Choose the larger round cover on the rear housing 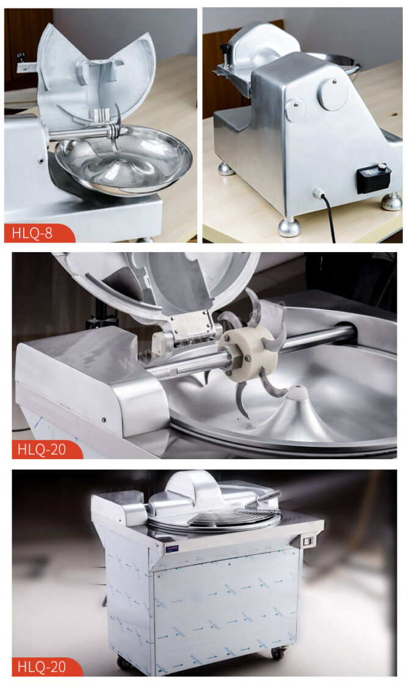pyautogui.click(x=333, y=93)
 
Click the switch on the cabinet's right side pyautogui.click(x=308, y=541)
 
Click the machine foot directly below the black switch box pyautogui.click(x=391, y=201)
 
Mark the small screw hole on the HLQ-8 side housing pyautogui.click(x=40, y=161)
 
